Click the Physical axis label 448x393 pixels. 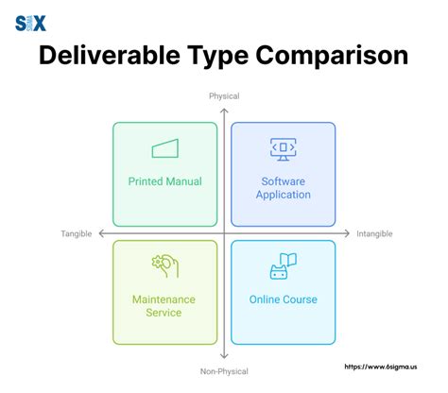[x=224, y=95]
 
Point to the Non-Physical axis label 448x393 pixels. [x=224, y=372]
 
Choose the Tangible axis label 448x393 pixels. [x=78, y=233]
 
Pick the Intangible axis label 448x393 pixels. [x=374, y=233]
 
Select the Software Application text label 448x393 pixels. [x=283, y=188]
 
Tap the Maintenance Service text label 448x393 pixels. [x=164, y=306]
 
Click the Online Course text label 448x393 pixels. [x=283, y=299]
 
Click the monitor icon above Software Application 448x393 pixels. [x=284, y=148]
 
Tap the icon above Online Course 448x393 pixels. [x=284, y=266]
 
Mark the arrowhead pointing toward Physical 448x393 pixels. [x=224, y=110]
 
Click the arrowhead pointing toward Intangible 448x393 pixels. [x=348, y=233]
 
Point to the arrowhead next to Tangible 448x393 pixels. [x=101, y=233]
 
